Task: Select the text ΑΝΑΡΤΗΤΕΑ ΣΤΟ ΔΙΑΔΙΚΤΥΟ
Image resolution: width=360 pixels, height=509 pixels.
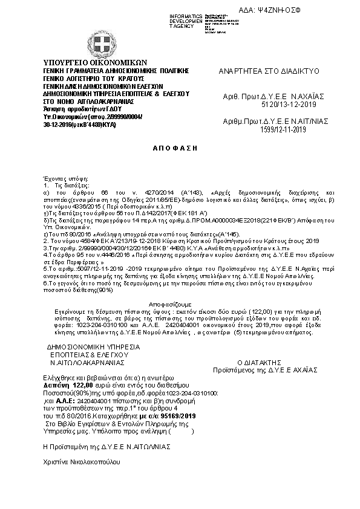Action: (267, 71)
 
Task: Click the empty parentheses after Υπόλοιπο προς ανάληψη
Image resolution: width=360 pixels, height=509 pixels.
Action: (182, 432)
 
